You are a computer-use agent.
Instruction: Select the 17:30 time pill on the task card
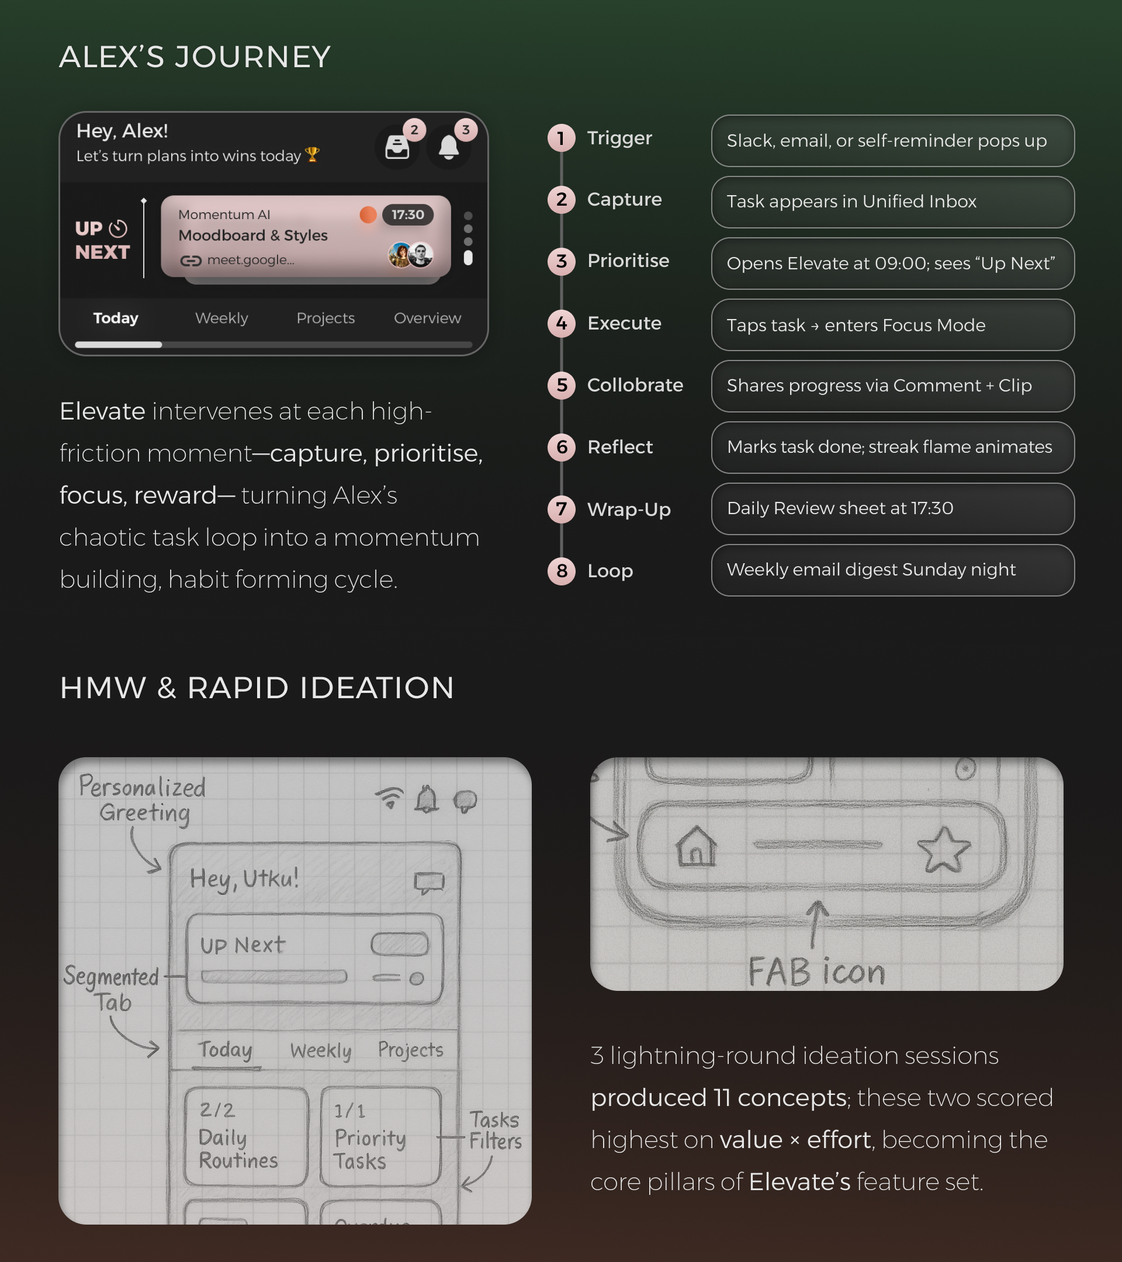[x=407, y=215]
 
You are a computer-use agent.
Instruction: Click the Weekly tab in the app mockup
[x=221, y=318]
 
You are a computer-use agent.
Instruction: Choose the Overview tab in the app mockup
[x=427, y=318]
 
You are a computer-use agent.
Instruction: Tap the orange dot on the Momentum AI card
[x=368, y=215]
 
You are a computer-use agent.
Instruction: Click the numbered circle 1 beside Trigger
[x=562, y=138]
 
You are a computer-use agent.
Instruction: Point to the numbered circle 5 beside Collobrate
[x=562, y=385]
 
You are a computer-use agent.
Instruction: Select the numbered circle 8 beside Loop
[x=562, y=571]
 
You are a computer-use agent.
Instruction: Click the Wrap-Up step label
[x=629, y=510]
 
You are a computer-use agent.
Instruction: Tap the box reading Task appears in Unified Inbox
[x=892, y=202]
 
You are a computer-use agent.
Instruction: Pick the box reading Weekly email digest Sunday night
[x=892, y=570]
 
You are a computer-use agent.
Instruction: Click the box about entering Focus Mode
[x=892, y=325]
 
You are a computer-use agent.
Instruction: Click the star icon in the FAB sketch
[x=944, y=850]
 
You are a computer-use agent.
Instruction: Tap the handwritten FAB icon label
[x=816, y=972]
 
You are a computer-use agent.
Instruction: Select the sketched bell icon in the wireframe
[x=426, y=799]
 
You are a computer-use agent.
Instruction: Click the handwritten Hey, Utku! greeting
[x=244, y=879]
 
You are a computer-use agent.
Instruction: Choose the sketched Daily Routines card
[x=246, y=1136]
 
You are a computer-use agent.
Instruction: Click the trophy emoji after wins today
[x=313, y=154]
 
